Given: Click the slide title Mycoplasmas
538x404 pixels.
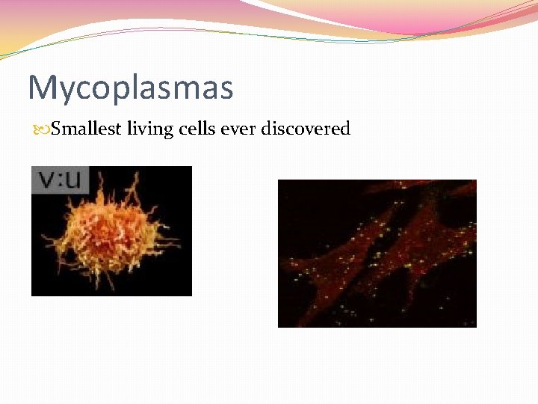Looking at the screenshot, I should (x=131, y=88).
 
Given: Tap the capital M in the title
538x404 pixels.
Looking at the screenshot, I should (x=41, y=88).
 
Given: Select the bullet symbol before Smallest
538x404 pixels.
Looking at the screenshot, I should (x=40, y=129).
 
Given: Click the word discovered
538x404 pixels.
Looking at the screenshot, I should (x=306, y=129).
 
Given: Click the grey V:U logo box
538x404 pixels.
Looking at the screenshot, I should (x=60, y=180).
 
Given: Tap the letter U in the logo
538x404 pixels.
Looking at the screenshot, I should (x=75, y=180).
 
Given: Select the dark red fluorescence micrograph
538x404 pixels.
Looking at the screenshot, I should (x=377, y=253).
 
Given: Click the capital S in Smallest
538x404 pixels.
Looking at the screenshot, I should (x=56, y=129).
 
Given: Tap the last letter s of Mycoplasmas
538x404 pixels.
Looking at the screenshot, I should (x=225, y=89).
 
